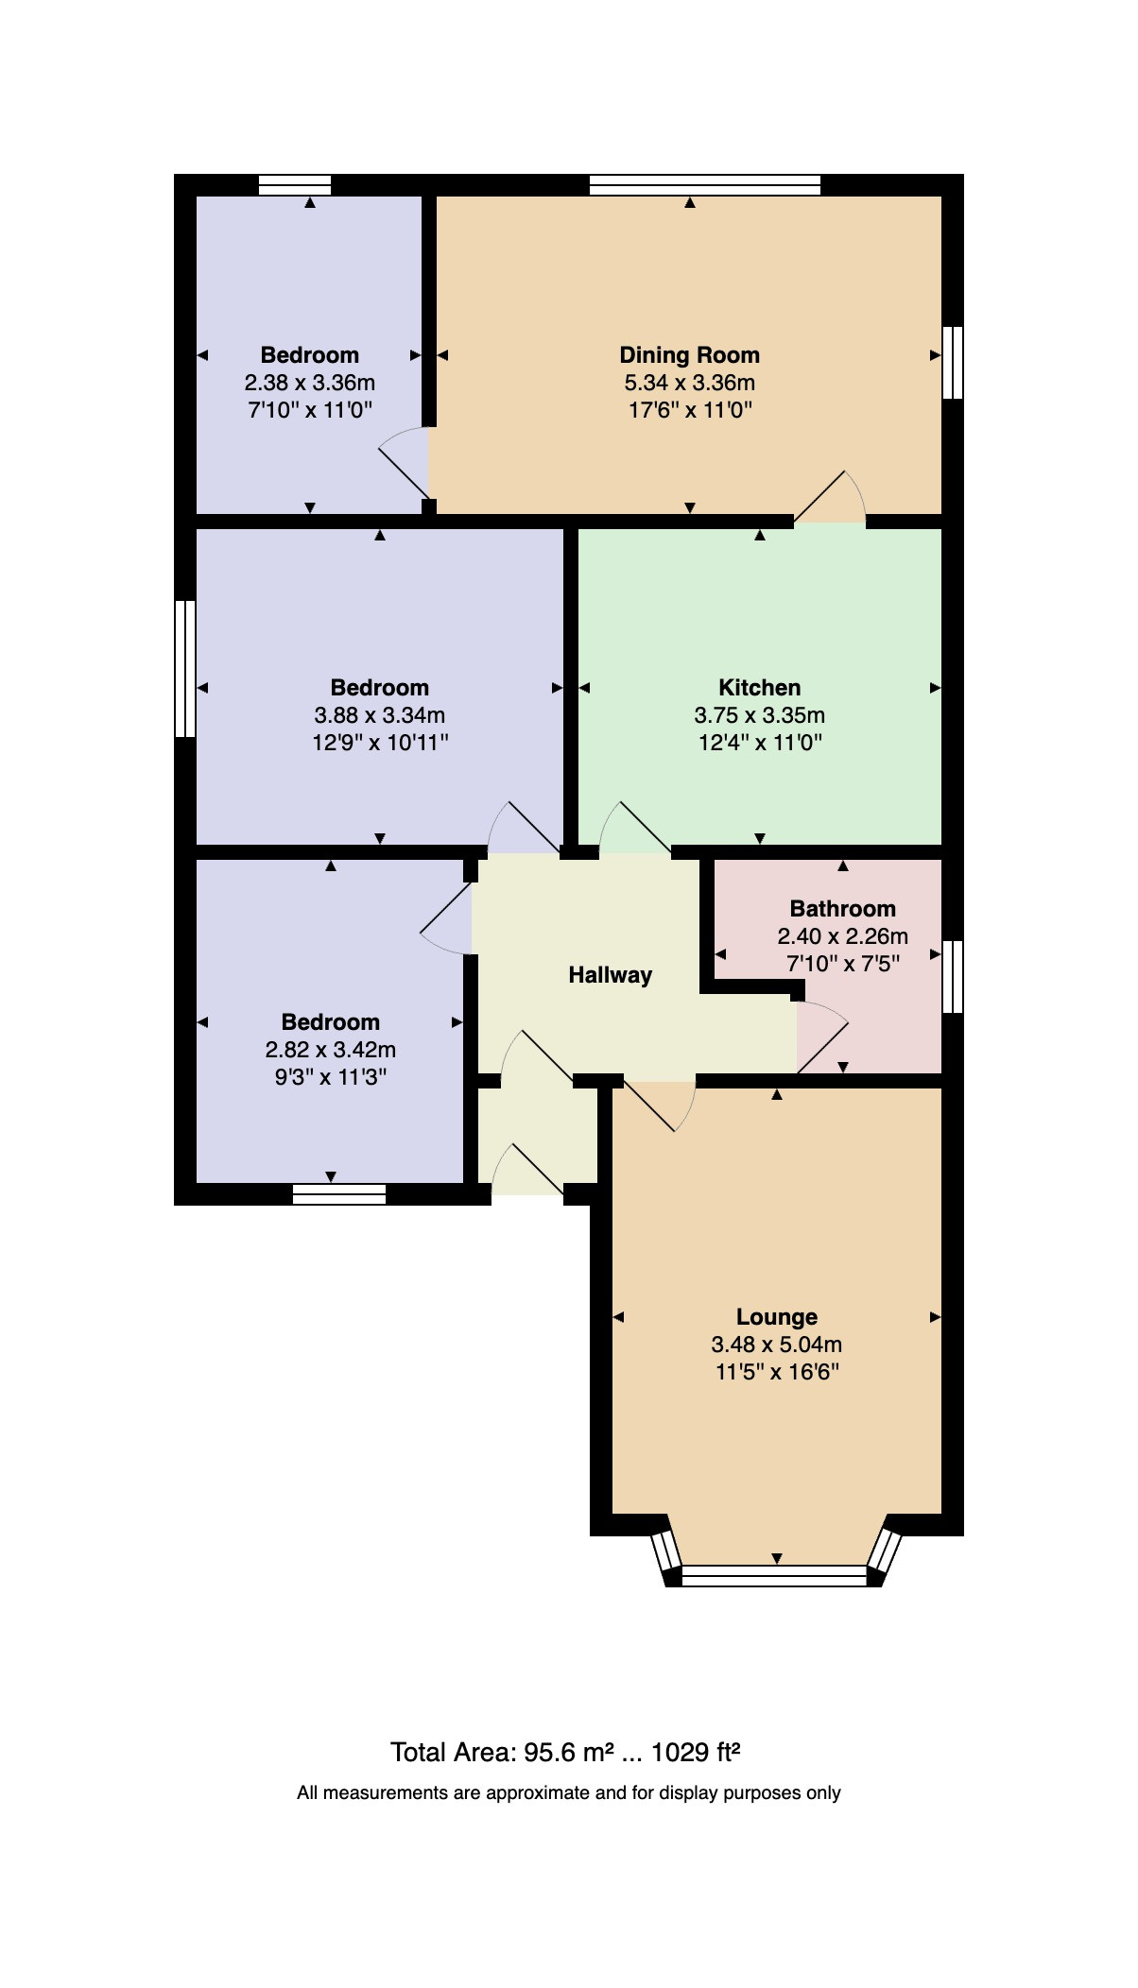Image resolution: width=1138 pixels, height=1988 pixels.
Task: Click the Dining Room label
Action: [x=689, y=355]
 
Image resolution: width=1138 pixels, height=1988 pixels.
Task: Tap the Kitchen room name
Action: [x=759, y=688]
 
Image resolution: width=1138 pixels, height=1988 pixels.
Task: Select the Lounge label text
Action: [x=777, y=1317]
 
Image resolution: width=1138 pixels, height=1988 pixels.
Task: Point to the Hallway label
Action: [x=610, y=975]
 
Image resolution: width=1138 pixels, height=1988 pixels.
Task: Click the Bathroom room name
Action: [x=842, y=909]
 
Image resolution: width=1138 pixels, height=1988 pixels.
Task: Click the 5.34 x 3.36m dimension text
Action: [x=689, y=383]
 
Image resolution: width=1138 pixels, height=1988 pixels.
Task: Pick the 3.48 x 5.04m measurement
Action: [x=777, y=1345]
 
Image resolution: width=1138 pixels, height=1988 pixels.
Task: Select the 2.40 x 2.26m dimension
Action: [x=842, y=936]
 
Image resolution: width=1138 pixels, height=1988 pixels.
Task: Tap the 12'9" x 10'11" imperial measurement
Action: [x=380, y=743]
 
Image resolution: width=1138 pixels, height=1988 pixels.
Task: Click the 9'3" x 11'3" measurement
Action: [x=331, y=1077]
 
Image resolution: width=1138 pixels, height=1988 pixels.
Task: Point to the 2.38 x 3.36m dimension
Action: [x=310, y=383]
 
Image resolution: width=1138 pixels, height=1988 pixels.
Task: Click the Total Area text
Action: [x=565, y=1753]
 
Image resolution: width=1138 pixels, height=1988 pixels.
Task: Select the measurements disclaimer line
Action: [x=569, y=1792]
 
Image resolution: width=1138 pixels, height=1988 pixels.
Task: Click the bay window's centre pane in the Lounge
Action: [x=774, y=1574]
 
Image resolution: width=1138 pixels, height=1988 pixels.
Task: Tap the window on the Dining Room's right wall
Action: [x=953, y=363]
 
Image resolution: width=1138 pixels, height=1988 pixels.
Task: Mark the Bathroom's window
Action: [x=953, y=976]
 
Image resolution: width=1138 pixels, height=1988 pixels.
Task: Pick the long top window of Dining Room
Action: [x=705, y=184]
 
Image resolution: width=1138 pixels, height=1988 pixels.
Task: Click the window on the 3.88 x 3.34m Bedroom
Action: [x=185, y=668]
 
